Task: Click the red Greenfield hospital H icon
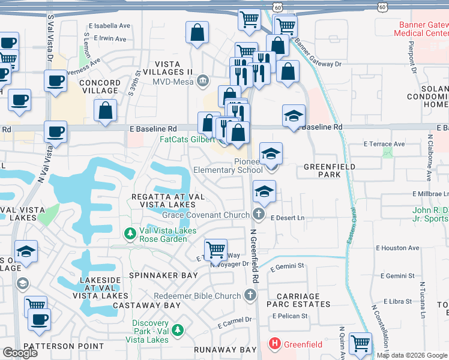click(x=274, y=345)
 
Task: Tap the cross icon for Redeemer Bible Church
click(x=251, y=295)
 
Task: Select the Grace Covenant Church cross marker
click(x=259, y=214)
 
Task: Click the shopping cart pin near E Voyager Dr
click(x=215, y=248)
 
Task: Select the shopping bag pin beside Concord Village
click(x=106, y=111)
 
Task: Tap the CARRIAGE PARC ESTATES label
click(x=298, y=300)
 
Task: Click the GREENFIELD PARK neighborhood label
click(x=330, y=170)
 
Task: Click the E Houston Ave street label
click(x=397, y=248)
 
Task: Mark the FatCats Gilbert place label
click(x=186, y=139)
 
